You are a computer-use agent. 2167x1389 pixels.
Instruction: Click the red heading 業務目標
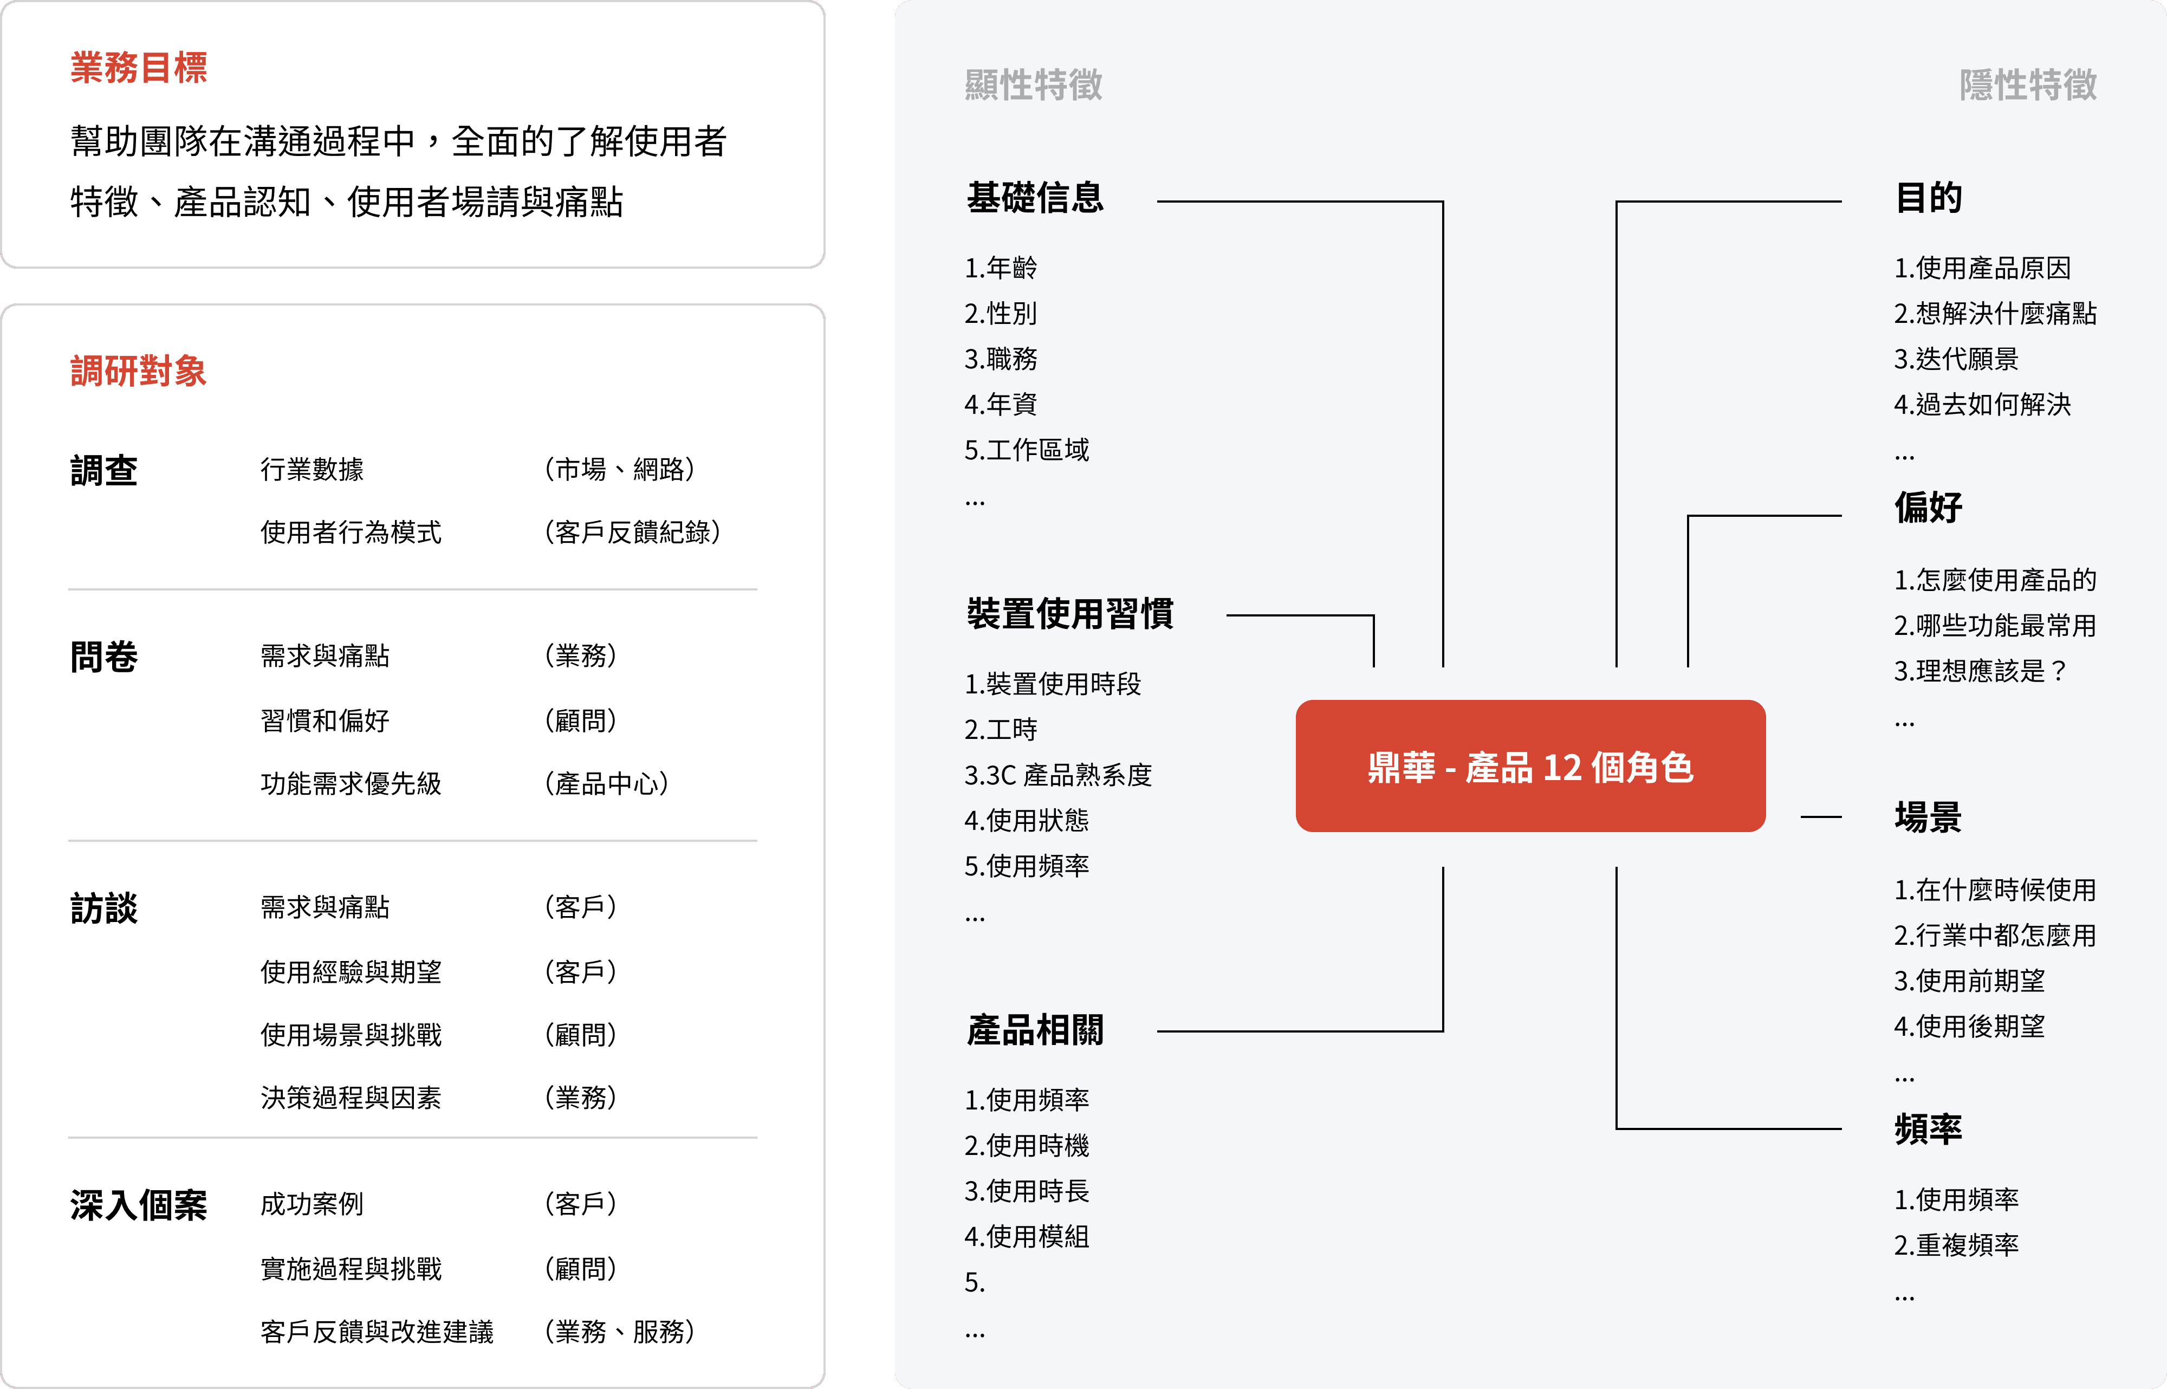pyautogui.click(x=139, y=68)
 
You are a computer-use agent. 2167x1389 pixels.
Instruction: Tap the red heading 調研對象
pyautogui.click(x=139, y=371)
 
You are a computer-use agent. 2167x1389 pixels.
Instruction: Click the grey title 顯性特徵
pyautogui.click(x=1034, y=85)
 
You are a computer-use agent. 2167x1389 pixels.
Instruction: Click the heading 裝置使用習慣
pyautogui.click(x=1069, y=613)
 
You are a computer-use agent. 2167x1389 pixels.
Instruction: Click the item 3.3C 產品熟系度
pyautogui.click(x=1058, y=775)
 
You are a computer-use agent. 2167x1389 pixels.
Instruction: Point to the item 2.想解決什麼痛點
pyautogui.click(x=1995, y=313)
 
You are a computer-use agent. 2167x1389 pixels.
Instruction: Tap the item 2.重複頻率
pyautogui.click(x=1956, y=1245)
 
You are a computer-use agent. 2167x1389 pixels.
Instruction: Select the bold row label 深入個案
pyautogui.click(x=139, y=1205)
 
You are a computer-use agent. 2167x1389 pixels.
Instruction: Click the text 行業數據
pyautogui.click(x=312, y=469)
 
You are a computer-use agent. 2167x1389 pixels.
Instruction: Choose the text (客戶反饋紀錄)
pyautogui.click(x=632, y=532)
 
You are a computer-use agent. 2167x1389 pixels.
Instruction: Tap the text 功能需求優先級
pyautogui.click(x=351, y=783)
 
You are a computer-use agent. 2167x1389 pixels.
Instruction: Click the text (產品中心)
pyautogui.click(x=606, y=783)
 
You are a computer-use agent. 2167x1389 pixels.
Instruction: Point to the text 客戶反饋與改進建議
pyautogui.click(x=377, y=1331)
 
